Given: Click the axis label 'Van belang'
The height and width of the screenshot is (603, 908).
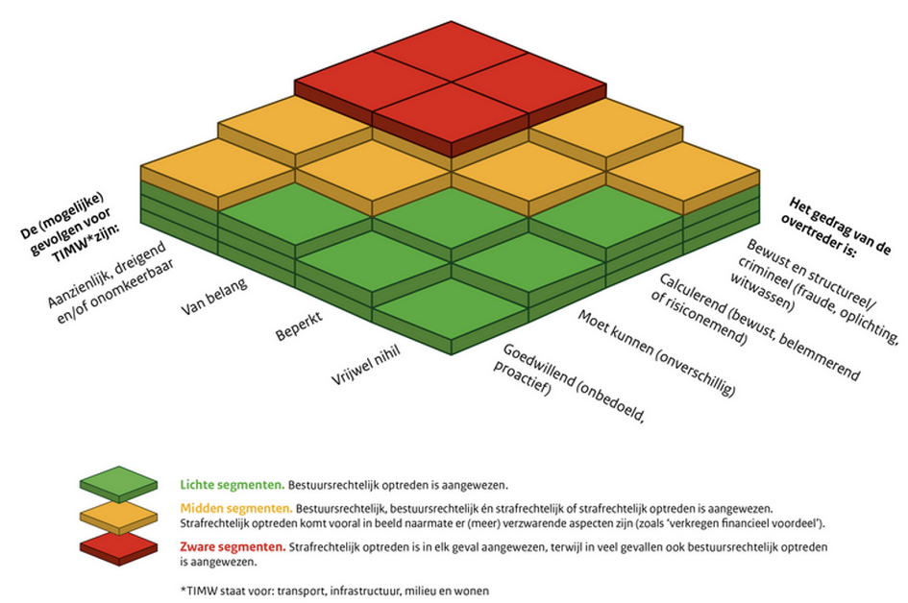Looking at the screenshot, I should (x=214, y=298).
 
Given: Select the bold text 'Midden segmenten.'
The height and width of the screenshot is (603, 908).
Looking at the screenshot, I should (x=236, y=506).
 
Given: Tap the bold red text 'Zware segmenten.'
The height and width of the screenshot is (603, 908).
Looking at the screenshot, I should (x=232, y=545).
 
